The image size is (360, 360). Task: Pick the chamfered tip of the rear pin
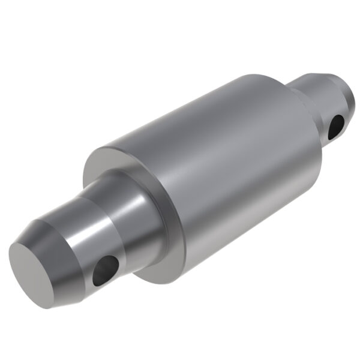324,78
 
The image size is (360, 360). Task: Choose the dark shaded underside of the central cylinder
252,216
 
